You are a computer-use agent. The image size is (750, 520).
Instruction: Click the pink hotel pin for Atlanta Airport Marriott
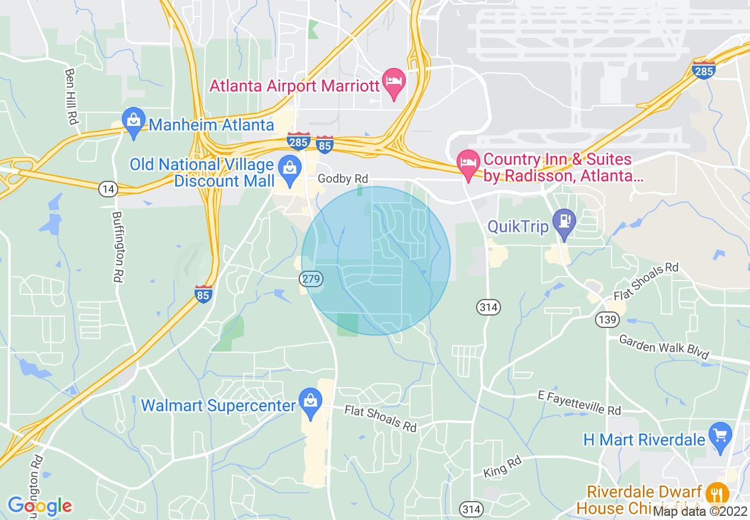coord(393,80)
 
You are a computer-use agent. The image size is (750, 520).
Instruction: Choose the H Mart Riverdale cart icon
coord(720,436)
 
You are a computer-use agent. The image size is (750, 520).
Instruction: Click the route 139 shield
coord(608,320)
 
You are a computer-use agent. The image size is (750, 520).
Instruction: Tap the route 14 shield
coord(108,189)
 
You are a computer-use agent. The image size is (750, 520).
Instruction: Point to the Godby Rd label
coord(342,178)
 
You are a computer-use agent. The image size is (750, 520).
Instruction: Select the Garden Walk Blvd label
coord(664,347)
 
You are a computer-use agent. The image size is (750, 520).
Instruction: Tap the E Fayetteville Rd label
coord(580,402)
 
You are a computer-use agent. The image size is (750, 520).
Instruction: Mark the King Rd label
coord(496,469)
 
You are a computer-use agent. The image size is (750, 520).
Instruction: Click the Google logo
coord(40,506)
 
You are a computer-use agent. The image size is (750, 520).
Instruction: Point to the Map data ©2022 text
coord(701,511)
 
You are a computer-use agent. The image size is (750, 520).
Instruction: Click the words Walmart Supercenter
coord(218,406)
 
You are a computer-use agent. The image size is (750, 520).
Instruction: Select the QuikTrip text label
coord(518,227)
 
